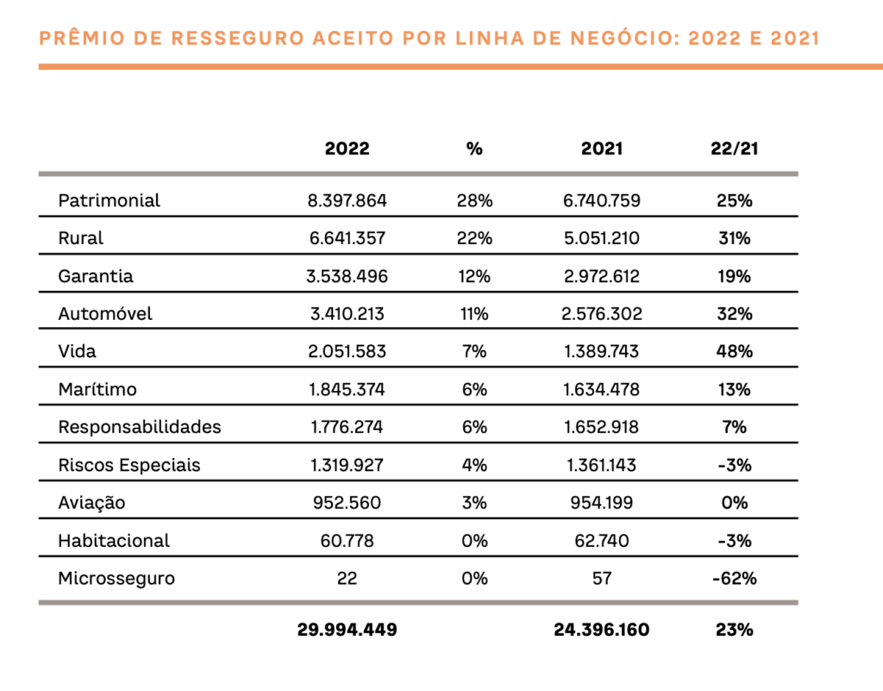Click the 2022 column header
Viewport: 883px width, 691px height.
(347, 148)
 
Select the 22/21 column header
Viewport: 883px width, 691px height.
(735, 148)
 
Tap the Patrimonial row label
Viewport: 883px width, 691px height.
(110, 200)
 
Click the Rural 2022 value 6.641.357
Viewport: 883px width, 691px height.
(347, 238)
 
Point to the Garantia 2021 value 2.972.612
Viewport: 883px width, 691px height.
(601, 277)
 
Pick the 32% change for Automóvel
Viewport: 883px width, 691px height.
(735, 314)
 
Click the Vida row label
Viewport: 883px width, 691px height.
(77, 351)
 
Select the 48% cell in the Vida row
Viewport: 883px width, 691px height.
(735, 351)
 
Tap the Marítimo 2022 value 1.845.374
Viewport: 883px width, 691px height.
(347, 389)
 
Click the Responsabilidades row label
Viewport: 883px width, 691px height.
(140, 427)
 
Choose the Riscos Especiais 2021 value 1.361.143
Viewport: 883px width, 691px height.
(601, 465)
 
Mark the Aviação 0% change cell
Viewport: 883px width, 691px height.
(735, 502)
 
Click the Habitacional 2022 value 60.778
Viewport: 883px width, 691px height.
(347, 541)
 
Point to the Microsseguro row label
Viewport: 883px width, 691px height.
(116, 578)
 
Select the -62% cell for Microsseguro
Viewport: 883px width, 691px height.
(735, 578)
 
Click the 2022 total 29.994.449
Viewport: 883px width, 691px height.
(347, 630)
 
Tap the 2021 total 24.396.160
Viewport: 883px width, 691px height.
(601, 630)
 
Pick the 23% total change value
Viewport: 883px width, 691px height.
(735, 630)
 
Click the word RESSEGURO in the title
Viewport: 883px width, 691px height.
(238, 38)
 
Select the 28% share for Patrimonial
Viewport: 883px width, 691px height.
(474, 200)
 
